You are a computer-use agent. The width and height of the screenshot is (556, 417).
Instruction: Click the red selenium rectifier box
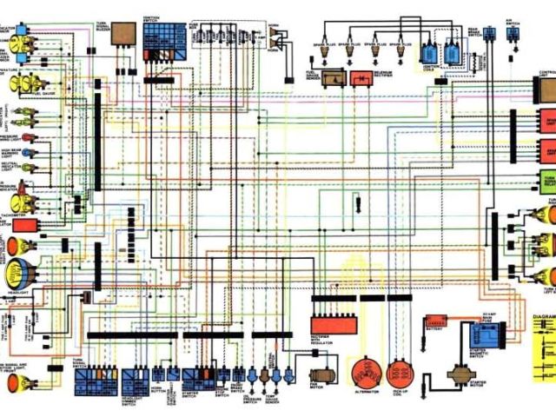click(361, 78)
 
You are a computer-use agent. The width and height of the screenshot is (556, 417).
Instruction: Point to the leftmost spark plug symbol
click(327, 50)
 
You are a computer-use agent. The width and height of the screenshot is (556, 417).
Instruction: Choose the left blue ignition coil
click(428, 51)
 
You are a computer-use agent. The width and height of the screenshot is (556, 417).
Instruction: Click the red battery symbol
click(435, 322)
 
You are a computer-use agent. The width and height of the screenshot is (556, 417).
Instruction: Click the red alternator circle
click(366, 374)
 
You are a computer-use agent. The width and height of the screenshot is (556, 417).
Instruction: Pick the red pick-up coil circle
click(400, 374)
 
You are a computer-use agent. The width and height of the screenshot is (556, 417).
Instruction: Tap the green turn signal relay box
click(547, 182)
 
